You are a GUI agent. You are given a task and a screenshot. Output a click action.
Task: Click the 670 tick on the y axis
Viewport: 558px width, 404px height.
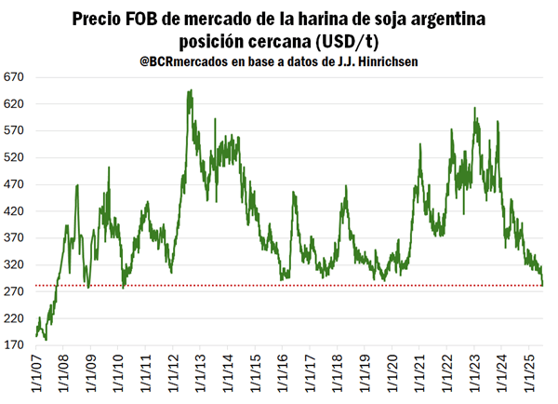click(16, 76)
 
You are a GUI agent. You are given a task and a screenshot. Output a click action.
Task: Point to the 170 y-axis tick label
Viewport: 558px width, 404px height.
click(16, 344)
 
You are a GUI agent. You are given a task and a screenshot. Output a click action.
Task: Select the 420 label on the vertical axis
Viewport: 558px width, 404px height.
click(16, 210)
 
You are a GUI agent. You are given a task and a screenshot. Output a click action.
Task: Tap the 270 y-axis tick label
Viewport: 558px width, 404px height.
click(16, 291)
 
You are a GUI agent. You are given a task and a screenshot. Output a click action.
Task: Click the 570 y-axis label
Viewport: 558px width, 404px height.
click(16, 130)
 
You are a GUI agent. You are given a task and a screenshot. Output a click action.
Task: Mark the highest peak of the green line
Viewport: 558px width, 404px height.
click(190, 90)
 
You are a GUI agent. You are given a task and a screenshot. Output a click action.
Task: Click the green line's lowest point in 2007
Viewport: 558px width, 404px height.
click(46, 340)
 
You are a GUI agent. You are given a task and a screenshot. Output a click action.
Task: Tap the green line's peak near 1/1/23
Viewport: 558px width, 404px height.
click(474, 108)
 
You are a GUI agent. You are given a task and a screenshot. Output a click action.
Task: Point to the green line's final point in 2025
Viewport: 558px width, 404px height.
click(543, 285)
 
